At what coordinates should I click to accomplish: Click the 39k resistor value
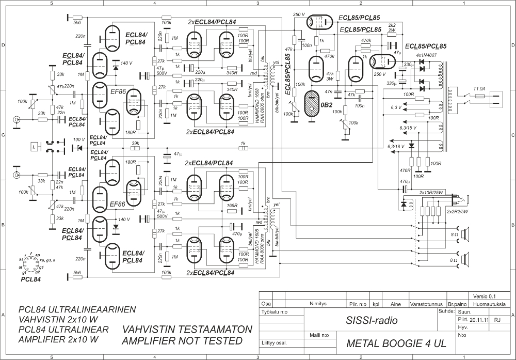pyautogui.click(x=136, y=143)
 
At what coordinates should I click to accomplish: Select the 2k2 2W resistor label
pyautogui.click(x=392, y=27)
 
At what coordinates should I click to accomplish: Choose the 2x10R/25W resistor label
pyautogui.click(x=432, y=192)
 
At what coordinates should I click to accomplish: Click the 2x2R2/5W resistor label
pyautogui.click(x=458, y=212)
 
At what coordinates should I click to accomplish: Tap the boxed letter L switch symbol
pyautogui.click(x=34, y=147)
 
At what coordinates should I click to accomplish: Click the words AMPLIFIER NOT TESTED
pyautogui.click(x=182, y=341)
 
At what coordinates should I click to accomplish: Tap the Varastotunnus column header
pyautogui.click(x=426, y=305)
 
